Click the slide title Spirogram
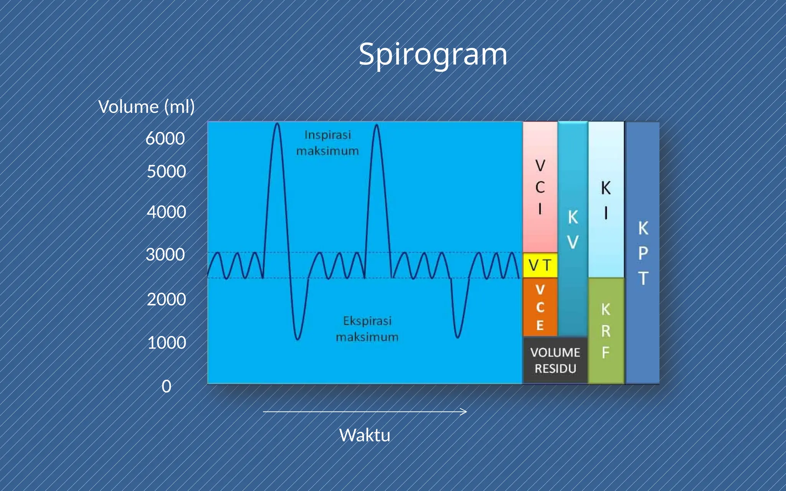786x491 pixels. point(433,54)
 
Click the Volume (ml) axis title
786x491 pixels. point(146,107)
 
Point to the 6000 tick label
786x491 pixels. point(165,138)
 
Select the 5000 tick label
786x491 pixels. point(166,171)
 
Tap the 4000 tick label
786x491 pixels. point(166,212)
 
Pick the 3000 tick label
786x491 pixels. point(165,255)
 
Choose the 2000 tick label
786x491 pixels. point(166,299)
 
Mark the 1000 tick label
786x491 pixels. point(166,343)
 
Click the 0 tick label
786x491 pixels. point(166,386)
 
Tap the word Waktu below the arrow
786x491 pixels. point(365,435)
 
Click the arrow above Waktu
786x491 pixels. point(365,412)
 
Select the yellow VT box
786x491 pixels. point(540,265)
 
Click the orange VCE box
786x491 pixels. point(540,307)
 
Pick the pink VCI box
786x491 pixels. point(540,187)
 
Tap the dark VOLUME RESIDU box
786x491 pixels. point(555,361)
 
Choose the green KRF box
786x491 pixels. point(606,331)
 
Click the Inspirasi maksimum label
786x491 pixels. point(327,143)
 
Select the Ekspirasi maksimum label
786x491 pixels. point(367,329)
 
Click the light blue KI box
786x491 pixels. point(606,199)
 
